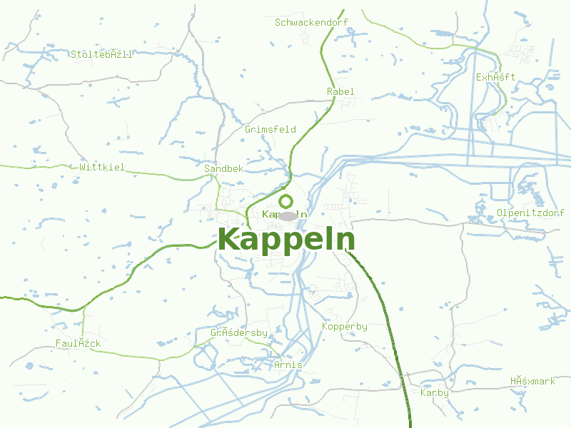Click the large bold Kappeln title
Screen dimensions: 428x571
pyautogui.click(x=286, y=240)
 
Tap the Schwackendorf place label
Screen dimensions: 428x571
pyautogui.click(x=311, y=22)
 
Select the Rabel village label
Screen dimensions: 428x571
pyautogui.click(x=340, y=91)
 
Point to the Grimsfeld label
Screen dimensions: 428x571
pyautogui.click(x=271, y=129)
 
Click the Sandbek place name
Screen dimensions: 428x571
pyautogui.click(x=223, y=168)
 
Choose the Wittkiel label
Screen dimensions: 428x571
pyautogui.click(x=102, y=167)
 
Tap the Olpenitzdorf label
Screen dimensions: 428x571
pyautogui.click(x=531, y=213)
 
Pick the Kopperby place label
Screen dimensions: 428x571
pyautogui.click(x=345, y=326)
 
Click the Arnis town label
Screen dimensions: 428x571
pyautogui.click(x=288, y=365)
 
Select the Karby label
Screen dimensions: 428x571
pyautogui.click(x=435, y=392)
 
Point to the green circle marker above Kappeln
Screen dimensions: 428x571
pyautogui.click(x=286, y=201)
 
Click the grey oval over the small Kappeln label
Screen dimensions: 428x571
pyautogui.click(x=287, y=215)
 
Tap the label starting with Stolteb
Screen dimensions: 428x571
pyautogui.click(x=101, y=54)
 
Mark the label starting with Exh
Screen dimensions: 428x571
pyautogui.click(x=496, y=77)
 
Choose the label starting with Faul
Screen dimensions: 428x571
pyautogui.click(x=79, y=343)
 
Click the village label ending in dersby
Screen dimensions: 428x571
pyautogui.click(x=239, y=333)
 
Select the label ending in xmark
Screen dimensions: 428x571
pyautogui.click(x=532, y=381)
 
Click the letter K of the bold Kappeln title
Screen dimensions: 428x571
pyautogui.click(x=229, y=240)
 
